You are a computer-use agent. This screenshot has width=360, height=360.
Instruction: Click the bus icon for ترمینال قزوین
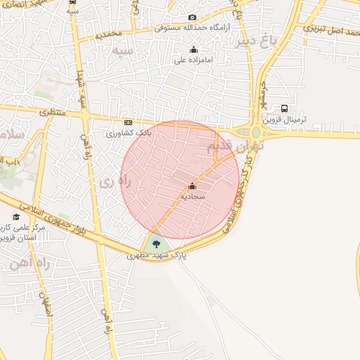(x=284, y=109)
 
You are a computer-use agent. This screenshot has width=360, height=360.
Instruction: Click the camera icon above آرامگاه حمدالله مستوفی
(x=193, y=18)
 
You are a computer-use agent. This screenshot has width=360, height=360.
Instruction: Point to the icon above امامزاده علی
(x=194, y=49)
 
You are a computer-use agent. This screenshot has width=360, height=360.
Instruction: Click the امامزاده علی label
(x=194, y=60)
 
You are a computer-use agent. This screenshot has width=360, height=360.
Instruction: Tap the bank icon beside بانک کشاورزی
(x=127, y=122)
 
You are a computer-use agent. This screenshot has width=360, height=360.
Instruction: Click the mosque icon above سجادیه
(x=192, y=186)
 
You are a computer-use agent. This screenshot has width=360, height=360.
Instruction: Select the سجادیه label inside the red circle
(x=192, y=198)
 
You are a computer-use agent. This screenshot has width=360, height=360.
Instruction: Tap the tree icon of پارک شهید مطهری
(x=155, y=244)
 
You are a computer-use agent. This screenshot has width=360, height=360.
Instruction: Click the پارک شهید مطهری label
(x=157, y=256)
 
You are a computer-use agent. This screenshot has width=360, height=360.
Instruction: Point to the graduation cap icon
(x=16, y=217)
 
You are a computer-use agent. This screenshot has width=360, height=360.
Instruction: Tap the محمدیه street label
(x=110, y=34)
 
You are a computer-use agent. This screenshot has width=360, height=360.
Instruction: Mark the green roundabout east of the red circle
(x=256, y=131)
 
